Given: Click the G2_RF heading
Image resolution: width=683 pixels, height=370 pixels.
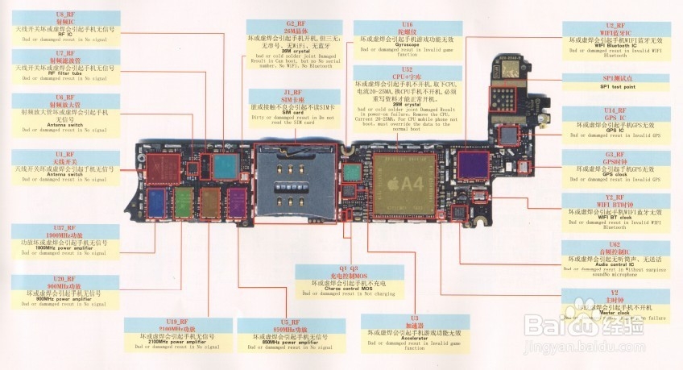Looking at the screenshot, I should pyautogui.click(x=296, y=24).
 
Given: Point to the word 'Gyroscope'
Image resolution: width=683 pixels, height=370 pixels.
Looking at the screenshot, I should pyautogui.click(x=407, y=44).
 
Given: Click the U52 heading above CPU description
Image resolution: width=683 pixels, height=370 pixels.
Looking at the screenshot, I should pyautogui.click(x=408, y=70).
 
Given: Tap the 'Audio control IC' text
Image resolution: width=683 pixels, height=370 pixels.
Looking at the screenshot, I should pyautogui.click(x=615, y=264).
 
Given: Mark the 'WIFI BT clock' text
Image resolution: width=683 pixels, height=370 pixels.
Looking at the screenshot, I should pyautogui.click(x=615, y=217).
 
